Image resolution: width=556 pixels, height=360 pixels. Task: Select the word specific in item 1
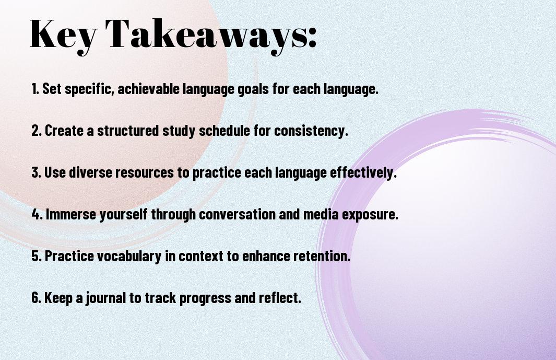coord(89,89)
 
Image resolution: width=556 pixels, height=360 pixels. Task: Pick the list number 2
coord(37,130)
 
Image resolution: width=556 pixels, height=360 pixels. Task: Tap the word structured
coord(128,130)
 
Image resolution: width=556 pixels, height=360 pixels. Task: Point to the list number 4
coord(37,214)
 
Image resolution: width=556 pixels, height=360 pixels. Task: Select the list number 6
coord(36,297)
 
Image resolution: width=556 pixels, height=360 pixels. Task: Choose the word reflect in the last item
coord(280,297)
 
